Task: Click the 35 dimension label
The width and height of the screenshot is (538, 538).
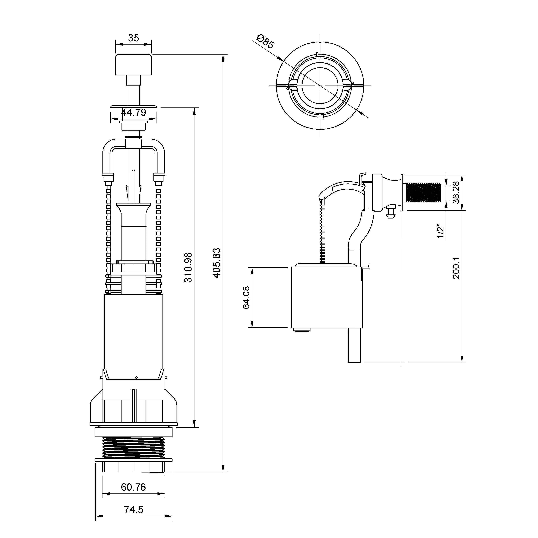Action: tap(133, 38)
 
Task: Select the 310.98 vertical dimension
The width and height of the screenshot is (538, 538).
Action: tap(188, 267)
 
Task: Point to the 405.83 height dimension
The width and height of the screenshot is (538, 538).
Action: tap(217, 263)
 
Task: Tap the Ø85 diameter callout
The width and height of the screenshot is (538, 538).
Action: tap(265, 41)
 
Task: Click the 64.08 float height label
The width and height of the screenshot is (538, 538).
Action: tap(246, 297)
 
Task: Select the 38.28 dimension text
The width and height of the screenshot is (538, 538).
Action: tap(456, 192)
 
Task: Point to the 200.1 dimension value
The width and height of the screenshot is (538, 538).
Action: tap(456, 268)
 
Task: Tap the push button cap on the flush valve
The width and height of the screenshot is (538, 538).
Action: tap(134, 65)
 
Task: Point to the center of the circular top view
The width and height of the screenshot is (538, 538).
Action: tap(320, 85)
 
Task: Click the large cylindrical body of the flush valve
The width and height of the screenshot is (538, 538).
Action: tap(133, 336)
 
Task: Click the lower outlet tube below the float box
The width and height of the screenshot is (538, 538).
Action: tap(355, 345)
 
